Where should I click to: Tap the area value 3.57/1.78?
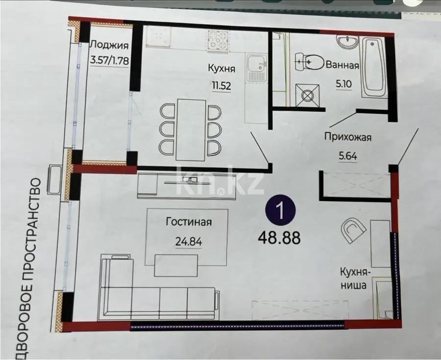pyautogui.click(x=109, y=62)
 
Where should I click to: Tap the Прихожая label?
pyautogui.click(x=348, y=137)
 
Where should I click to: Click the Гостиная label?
pyautogui.click(x=189, y=222)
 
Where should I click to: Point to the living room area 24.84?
pyautogui.click(x=189, y=241)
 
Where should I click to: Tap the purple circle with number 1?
pyautogui.click(x=280, y=210)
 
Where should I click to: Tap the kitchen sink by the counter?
pyautogui.click(x=255, y=67)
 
